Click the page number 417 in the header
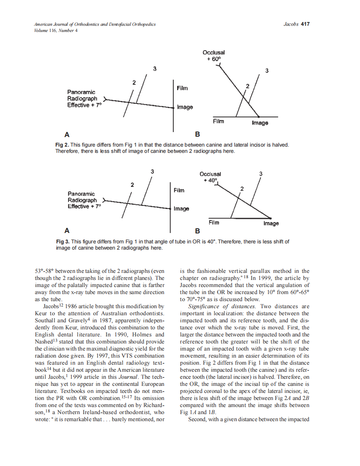pos(306,24)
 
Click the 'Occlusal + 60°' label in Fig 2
pos(214,56)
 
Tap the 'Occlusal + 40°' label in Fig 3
pos(210,177)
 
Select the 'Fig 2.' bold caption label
pos(62,145)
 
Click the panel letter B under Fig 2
pos(197,135)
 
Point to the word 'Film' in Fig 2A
pos(182,88)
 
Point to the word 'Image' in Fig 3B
pos(271,223)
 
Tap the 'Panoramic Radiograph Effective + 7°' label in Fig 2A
pos(84,98)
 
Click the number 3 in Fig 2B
pos(267,71)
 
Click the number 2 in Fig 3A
pos(132,184)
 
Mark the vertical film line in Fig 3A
pos(170,208)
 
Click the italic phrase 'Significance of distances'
pos(220,307)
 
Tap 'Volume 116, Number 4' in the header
pos(56,30)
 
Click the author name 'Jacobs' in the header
pos(290,24)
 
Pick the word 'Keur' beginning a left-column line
pos(41,313)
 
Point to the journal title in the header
pos(95,25)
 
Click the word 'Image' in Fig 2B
pos(260,123)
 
